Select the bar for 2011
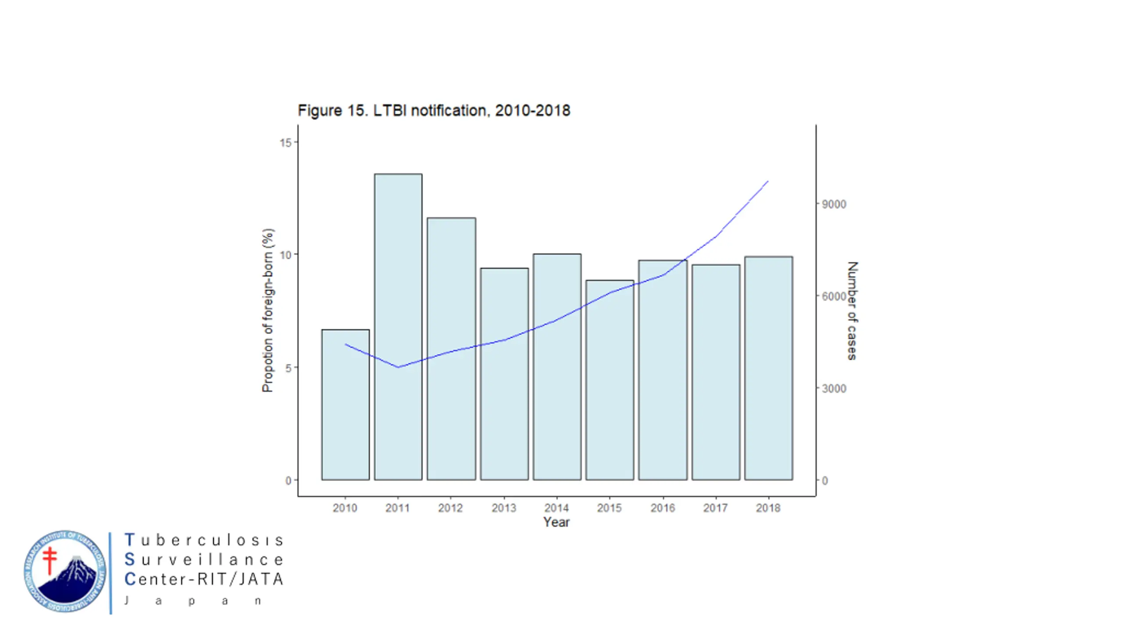coord(398,327)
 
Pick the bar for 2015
coord(610,380)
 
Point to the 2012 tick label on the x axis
coord(450,508)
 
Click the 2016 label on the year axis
coord(663,508)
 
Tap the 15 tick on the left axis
coord(285,142)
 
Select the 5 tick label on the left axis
coord(288,368)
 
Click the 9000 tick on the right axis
coord(834,204)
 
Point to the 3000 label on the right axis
coord(834,388)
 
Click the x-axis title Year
coord(556,522)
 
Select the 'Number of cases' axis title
coord(852,311)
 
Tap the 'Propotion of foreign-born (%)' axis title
coord(267,310)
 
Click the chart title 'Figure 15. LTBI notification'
coord(434,111)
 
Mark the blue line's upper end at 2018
coord(768,181)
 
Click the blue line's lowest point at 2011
coord(398,367)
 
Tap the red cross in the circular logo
coord(50,560)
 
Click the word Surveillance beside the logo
coord(204,560)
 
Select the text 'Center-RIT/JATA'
coord(204,579)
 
